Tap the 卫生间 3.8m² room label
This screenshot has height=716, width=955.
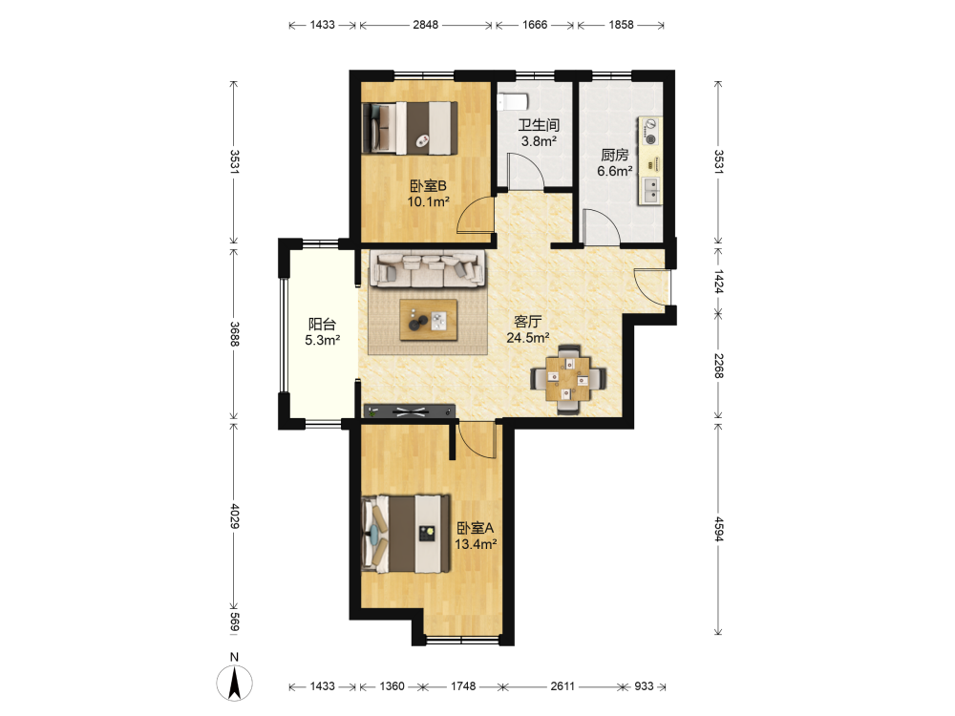click(539, 134)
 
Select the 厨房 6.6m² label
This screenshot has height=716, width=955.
click(614, 163)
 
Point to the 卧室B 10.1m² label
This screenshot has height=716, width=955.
click(428, 194)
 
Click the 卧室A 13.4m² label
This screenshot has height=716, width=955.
click(476, 536)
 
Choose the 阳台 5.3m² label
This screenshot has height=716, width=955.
click(322, 332)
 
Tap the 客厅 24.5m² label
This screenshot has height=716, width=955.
click(528, 328)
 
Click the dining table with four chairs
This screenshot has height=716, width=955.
click(567, 379)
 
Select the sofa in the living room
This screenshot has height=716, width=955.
click(429, 268)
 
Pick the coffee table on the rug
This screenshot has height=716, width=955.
click(428, 320)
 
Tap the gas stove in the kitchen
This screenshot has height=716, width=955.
click(650, 132)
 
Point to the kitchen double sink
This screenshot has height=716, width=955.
click(650, 190)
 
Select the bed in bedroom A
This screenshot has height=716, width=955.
click(406, 534)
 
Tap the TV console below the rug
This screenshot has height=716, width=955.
click(410, 411)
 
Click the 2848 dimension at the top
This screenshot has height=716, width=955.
click(425, 25)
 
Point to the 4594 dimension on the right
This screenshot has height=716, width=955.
click(719, 529)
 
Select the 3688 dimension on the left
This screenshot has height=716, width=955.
click(235, 333)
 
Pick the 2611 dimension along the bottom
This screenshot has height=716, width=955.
click(562, 686)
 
